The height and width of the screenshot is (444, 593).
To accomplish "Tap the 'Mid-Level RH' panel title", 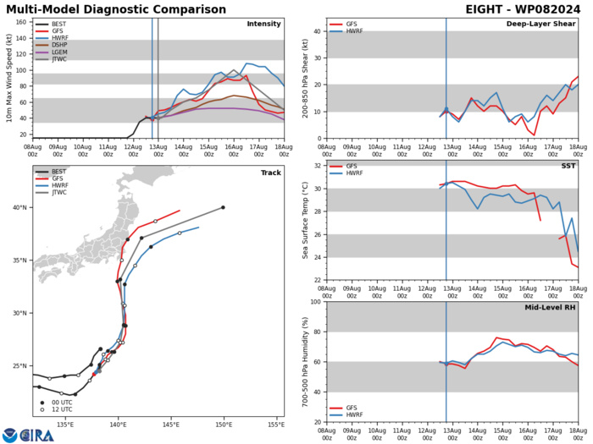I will pyautogui.click(x=548, y=309).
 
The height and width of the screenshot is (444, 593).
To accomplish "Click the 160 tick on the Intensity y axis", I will pyautogui.click(x=21, y=22).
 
